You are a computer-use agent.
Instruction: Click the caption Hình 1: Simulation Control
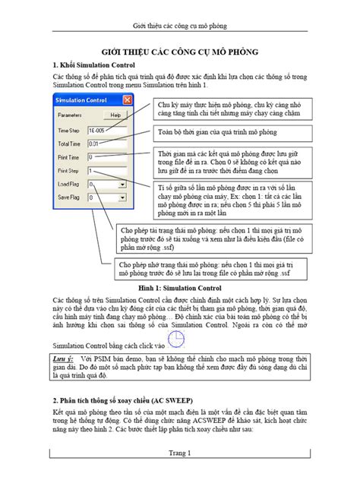[x=179, y=289]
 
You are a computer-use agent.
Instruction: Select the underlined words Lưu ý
[x=65, y=357]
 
